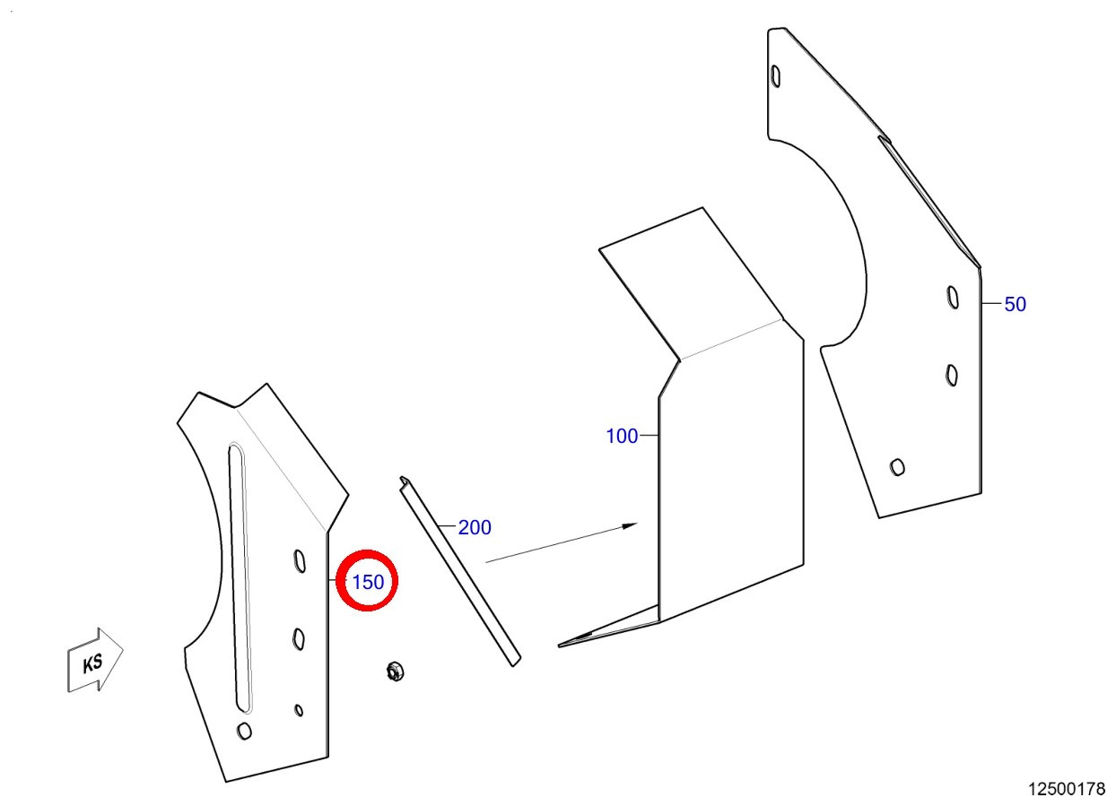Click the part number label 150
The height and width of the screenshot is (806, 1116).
[368, 582]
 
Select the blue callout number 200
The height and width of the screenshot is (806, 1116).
[475, 528]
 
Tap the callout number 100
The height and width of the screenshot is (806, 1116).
[622, 436]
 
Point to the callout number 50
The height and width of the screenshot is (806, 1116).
[1015, 305]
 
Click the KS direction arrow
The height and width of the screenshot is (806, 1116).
[95, 660]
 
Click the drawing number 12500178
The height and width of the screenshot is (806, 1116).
[1067, 789]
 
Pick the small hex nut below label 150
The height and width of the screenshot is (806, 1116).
[395, 672]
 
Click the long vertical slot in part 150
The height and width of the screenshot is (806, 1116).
[240, 576]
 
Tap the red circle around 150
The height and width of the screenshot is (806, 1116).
[367, 550]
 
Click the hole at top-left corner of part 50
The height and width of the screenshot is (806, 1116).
[776, 76]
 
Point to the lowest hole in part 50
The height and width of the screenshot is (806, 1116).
[897, 467]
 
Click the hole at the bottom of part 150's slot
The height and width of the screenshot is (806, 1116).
[244, 731]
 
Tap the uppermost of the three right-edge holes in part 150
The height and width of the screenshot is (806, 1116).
[300, 561]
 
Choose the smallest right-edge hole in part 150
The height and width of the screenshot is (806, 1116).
[299, 710]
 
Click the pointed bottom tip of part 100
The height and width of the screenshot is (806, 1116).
[559, 646]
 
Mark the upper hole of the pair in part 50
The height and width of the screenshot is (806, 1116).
[953, 298]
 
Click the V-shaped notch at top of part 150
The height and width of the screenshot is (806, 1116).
[235, 408]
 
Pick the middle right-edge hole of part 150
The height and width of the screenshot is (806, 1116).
[299, 638]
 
